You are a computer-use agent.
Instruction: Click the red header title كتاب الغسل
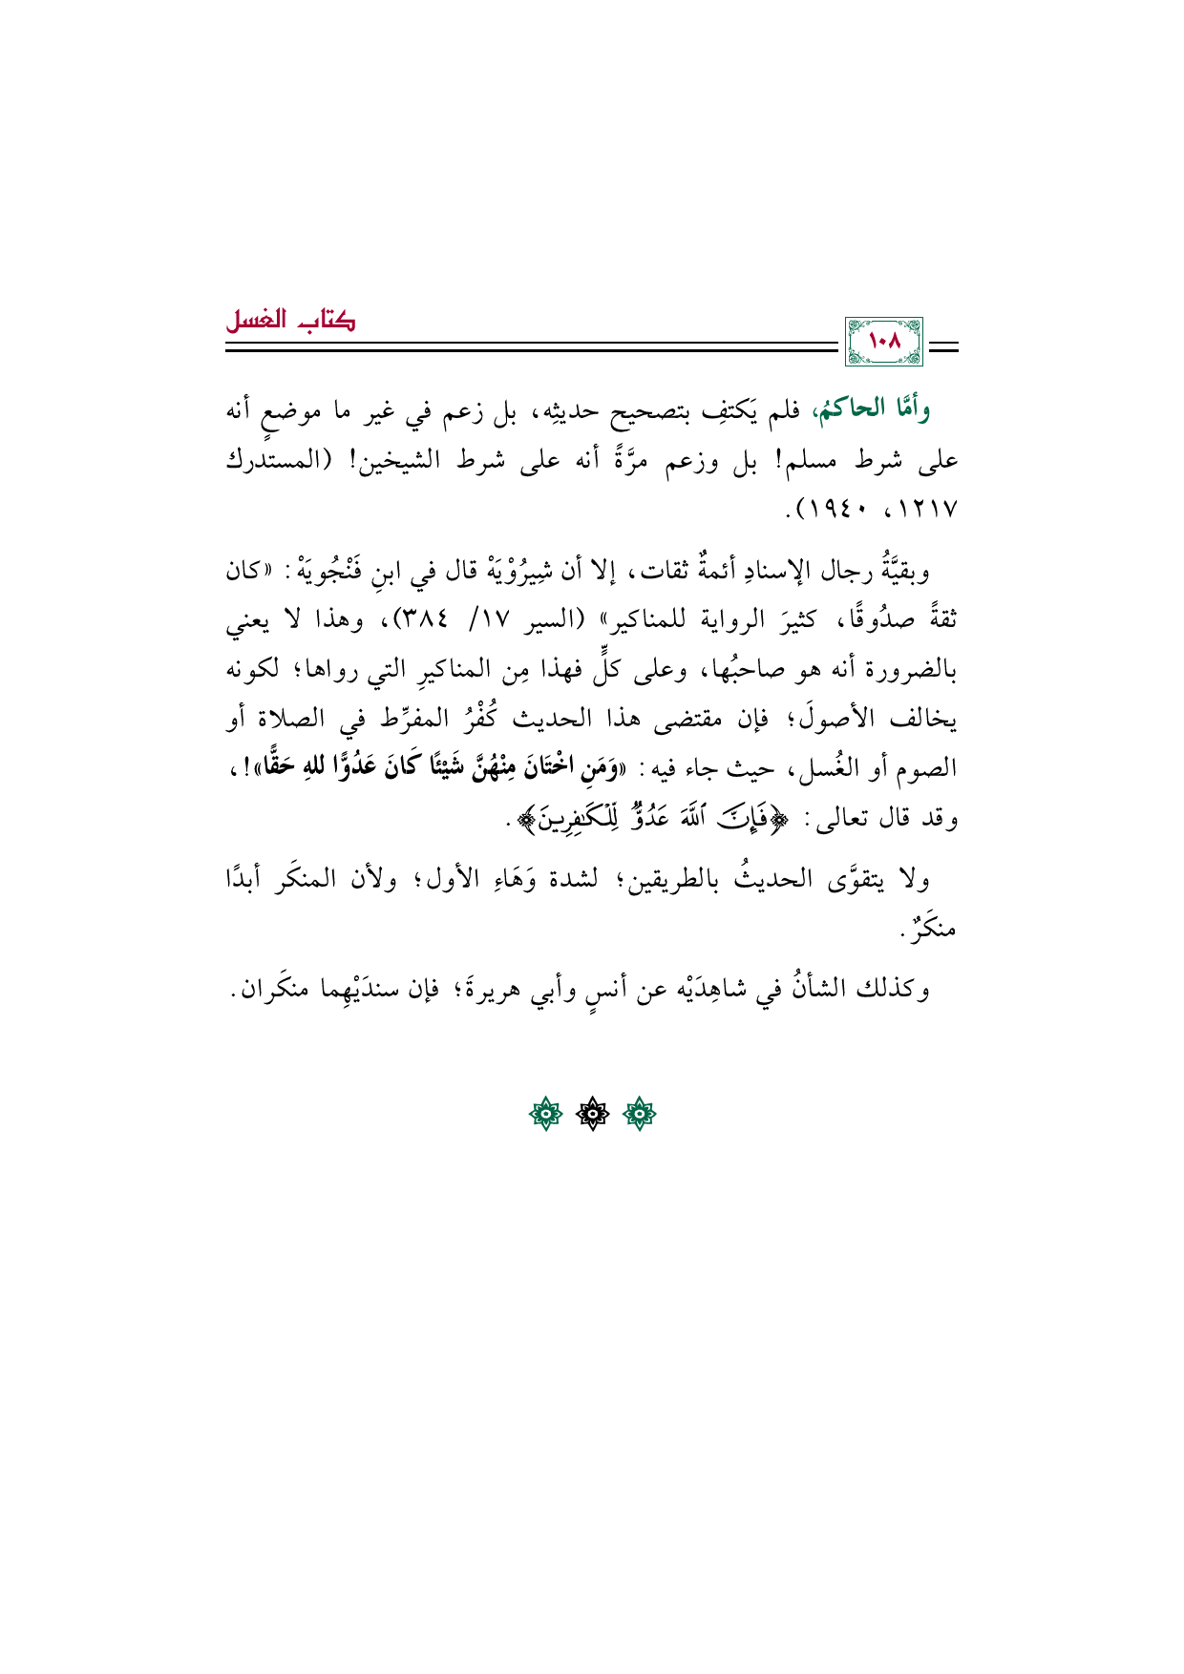pos(290,321)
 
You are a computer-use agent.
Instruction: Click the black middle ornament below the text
pos(592,1113)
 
